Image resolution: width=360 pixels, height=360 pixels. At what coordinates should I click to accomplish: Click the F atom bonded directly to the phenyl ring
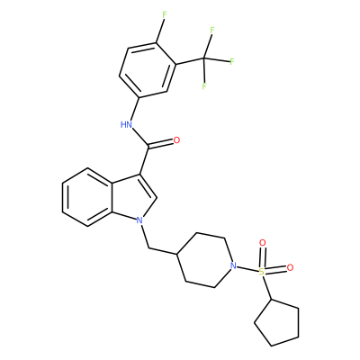pos(164,14)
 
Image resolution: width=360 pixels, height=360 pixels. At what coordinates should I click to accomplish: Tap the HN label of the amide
pos(127,124)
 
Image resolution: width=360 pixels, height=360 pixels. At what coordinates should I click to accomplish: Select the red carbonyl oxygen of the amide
pos(176,140)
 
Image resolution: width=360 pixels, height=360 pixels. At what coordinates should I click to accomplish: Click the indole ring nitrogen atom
pos(139,220)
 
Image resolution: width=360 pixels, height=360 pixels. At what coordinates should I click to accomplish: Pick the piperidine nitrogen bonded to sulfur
pos(233,265)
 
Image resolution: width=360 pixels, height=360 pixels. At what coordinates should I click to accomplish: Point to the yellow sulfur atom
pos(262,272)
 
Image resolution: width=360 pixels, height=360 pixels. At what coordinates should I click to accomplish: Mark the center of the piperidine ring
pos(205,260)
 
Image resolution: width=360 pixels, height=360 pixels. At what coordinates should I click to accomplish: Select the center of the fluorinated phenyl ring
pos(148,69)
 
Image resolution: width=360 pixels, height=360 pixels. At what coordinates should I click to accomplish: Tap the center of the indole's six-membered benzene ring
pos(87,197)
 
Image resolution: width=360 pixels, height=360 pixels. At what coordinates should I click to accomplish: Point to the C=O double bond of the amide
pos(161,144)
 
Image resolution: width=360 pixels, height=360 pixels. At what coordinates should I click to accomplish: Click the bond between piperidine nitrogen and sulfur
pos(247,269)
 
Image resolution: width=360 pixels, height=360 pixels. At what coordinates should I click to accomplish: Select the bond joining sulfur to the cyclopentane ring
pos(266,287)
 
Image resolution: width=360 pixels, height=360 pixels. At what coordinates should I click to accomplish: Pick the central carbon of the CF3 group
pos(204,58)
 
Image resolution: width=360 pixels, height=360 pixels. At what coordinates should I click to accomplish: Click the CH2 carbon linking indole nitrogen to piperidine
pos(148,248)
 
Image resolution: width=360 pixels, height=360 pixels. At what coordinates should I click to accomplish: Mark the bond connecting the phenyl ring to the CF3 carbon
pos(190,61)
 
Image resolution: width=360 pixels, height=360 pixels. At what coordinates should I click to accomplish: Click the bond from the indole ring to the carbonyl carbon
pos(144,160)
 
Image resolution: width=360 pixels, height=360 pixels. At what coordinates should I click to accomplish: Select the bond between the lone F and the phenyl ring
pos(159,30)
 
